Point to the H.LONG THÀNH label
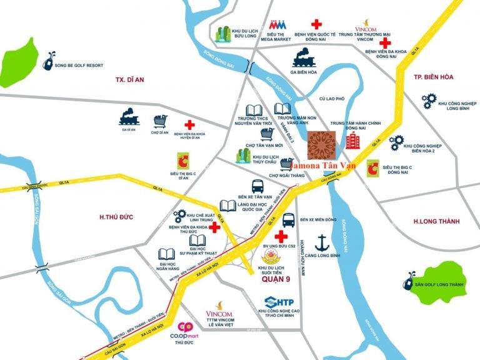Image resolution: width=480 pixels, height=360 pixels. pyautogui.click(x=436, y=221)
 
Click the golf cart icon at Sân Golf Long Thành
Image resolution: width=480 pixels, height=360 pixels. pyautogui.click(x=410, y=277)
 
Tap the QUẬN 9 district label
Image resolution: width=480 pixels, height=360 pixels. pyautogui.click(x=275, y=281)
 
